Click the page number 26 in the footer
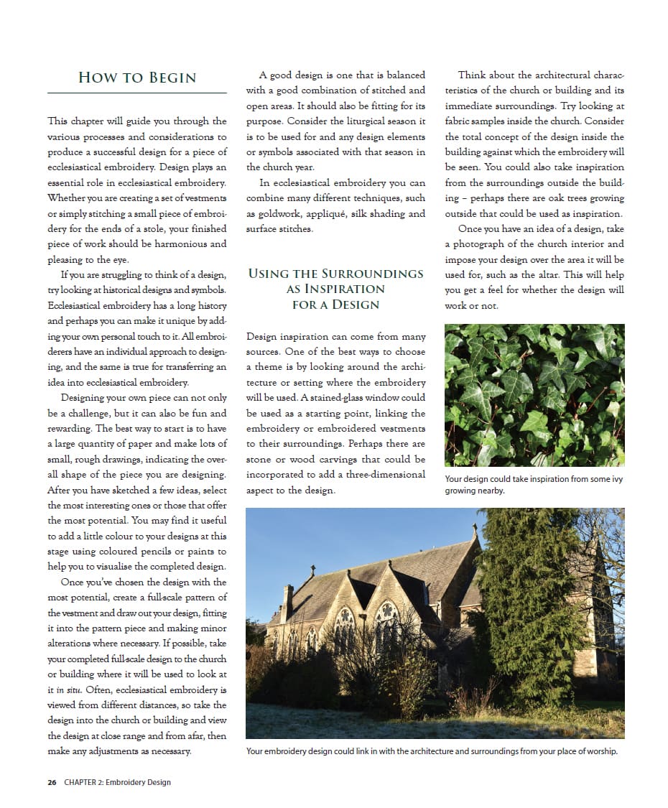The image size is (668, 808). click(52, 782)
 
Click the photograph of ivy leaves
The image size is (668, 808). click(534, 394)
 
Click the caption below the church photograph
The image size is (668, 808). click(431, 751)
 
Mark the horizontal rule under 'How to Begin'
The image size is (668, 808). click(136, 93)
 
